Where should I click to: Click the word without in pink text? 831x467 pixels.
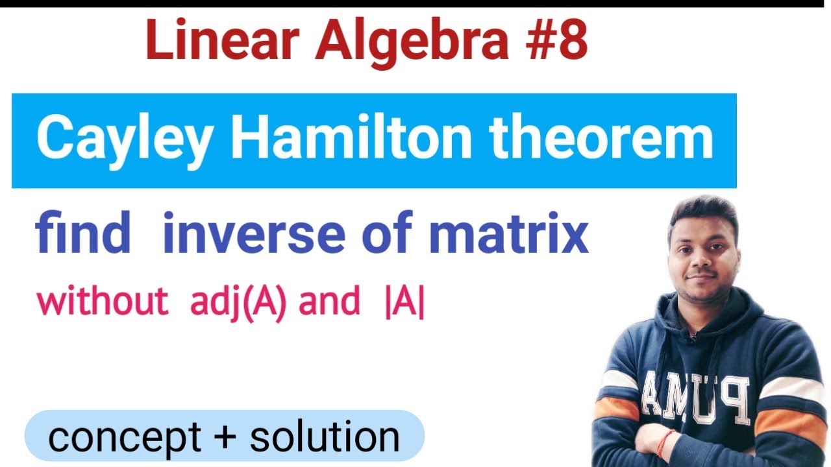[x=102, y=302]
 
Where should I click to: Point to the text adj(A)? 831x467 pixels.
[x=238, y=303]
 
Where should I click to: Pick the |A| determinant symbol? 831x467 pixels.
[x=404, y=303]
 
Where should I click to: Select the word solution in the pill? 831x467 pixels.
[x=325, y=437]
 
